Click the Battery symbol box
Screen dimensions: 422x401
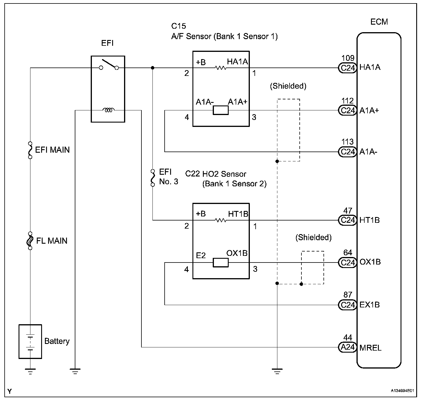coord(30,342)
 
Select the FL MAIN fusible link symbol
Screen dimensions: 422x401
coord(30,241)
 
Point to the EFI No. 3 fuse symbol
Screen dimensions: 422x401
coord(153,178)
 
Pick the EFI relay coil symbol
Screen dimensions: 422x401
coord(108,110)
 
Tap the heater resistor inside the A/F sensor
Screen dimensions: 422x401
coord(221,68)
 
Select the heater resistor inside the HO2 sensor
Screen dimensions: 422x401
coord(221,220)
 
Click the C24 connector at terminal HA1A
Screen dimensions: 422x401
coord(348,68)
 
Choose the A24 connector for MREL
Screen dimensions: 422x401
coord(348,347)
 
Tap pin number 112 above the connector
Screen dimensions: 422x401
coord(348,101)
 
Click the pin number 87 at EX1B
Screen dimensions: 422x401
coord(348,295)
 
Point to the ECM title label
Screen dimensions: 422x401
coord(379,22)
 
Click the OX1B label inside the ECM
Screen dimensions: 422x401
coord(370,262)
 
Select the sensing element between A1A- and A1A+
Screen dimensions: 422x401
coord(221,110)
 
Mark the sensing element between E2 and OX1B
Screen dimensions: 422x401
coord(221,263)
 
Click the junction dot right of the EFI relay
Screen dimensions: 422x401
coord(153,68)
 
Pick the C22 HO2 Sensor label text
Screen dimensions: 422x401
coord(216,174)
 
